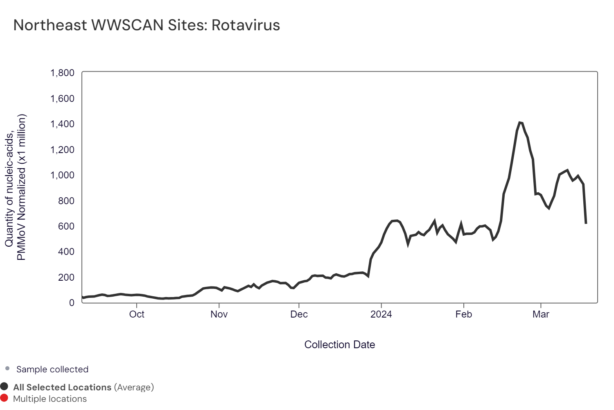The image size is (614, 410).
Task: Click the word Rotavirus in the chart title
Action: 246,25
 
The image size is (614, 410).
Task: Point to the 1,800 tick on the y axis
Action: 62,73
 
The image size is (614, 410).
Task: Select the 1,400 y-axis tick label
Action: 62,124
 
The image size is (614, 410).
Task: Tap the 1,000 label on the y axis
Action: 62,175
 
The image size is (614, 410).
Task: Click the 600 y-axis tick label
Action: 66,226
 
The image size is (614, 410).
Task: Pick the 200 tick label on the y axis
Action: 66,277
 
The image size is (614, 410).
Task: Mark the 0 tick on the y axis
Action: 72,303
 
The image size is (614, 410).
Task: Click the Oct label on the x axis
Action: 137,314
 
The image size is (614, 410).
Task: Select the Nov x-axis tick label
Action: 219,314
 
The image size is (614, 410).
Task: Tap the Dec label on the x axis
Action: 299,314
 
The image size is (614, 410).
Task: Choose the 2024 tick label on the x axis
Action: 381,314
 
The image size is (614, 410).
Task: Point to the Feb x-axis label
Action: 464,314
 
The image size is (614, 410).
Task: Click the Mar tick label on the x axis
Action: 541,314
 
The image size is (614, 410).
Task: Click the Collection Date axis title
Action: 339,345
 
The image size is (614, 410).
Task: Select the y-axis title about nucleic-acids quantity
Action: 15,187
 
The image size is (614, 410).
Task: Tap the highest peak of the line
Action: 519,122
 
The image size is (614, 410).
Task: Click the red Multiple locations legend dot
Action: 5,398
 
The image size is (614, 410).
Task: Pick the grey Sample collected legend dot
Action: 7,369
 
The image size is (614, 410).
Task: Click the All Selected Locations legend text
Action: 62,387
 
